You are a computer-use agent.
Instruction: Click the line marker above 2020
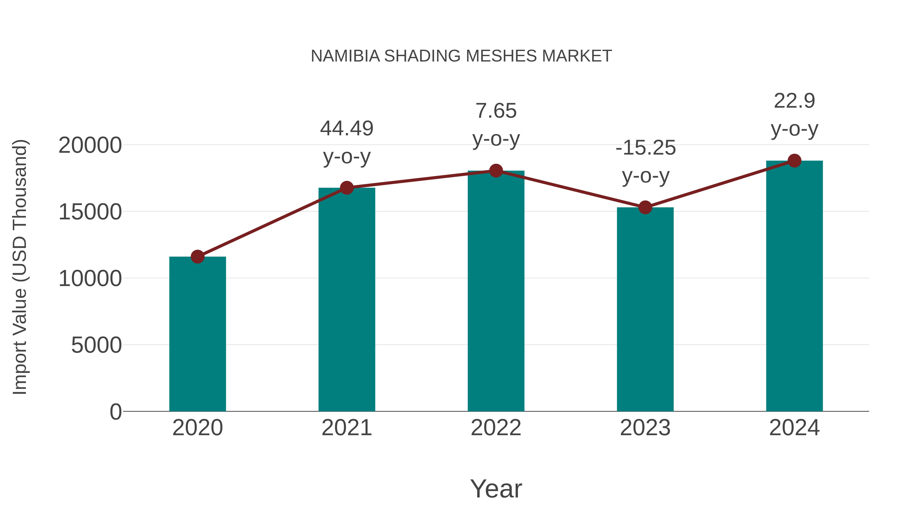coord(197,257)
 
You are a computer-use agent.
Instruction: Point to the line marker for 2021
coord(346,188)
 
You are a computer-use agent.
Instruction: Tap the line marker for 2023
coord(645,207)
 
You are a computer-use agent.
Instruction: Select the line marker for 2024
coord(794,161)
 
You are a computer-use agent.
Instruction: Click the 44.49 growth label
coord(346,129)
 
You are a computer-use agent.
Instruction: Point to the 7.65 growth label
coord(496,111)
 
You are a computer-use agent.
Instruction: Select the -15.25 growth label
coord(645,148)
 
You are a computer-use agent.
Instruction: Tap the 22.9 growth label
coord(794,101)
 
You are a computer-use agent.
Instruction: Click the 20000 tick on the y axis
coord(90,145)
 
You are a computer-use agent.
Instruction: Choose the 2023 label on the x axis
coord(645,428)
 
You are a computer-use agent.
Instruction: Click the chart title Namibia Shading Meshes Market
coord(461,56)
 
